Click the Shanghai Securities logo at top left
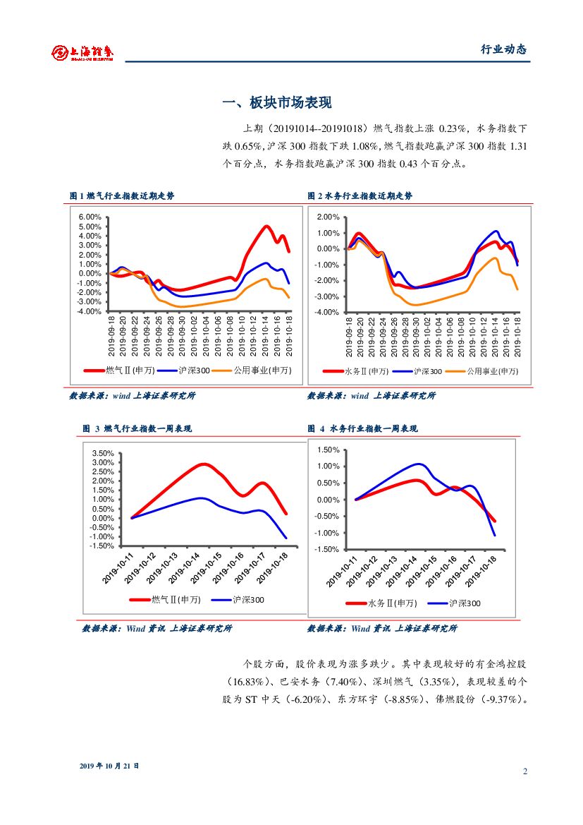click(x=82, y=52)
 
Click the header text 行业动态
click(x=503, y=49)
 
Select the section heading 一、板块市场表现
click(x=277, y=103)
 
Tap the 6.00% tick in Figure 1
click(x=91, y=217)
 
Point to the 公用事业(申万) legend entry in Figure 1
click(x=262, y=370)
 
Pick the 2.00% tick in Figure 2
click(x=328, y=217)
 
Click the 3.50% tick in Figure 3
click(x=103, y=453)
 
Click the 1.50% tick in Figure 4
click(x=328, y=450)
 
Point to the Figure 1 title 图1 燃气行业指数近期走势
click(x=122, y=195)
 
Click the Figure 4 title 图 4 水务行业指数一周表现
click(x=362, y=428)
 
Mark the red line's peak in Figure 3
click(x=204, y=464)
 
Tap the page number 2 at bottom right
click(x=525, y=771)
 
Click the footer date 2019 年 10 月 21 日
click(x=109, y=765)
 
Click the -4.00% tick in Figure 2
click(x=328, y=312)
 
